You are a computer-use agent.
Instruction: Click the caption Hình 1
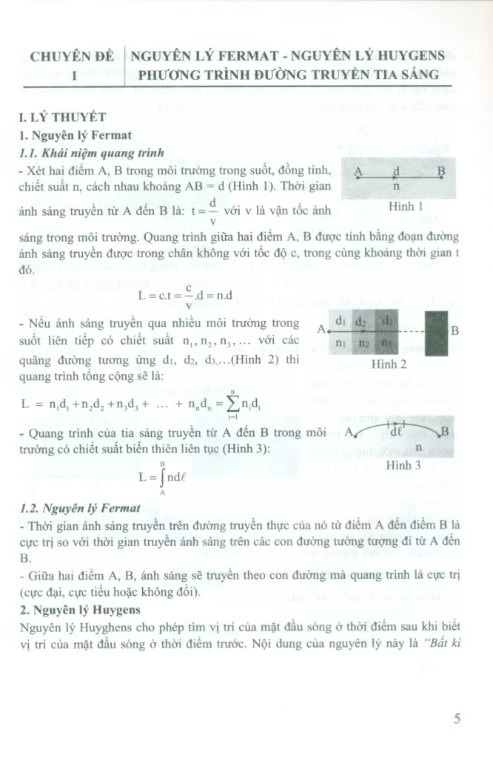click(x=404, y=207)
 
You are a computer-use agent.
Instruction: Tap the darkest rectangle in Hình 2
click(x=437, y=331)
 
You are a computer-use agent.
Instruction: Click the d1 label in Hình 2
click(x=341, y=322)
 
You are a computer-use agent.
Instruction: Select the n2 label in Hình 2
click(x=363, y=344)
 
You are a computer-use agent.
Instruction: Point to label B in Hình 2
click(x=455, y=330)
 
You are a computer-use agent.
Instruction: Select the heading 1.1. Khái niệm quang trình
click(x=94, y=153)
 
